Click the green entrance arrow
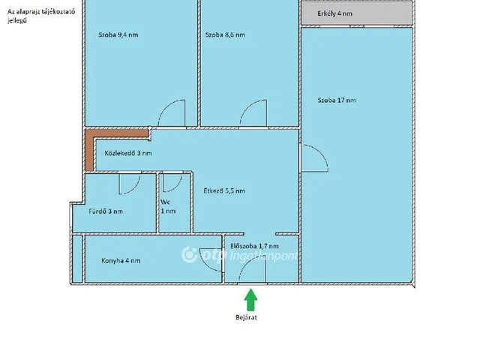click(250, 300)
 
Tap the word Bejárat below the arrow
click(246, 317)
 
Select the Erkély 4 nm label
click(334, 13)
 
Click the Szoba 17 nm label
click(337, 100)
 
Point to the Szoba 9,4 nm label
click(118, 34)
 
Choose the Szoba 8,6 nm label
click(225, 34)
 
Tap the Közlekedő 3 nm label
click(128, 153)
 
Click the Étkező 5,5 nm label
click(224, 190)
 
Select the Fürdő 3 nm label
click(106, 211)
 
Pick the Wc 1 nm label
click(168, 207)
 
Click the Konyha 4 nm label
click(121, 260)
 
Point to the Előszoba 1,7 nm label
click(254, 246)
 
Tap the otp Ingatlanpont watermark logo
click(239, 255)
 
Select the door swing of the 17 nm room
click(315, 158)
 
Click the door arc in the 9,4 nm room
click(172, 112)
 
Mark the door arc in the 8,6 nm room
click(253, 112)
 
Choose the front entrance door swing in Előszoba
click(252, 269)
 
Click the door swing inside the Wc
click(172, 183)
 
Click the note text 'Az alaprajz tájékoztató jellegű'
click(41, 16)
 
